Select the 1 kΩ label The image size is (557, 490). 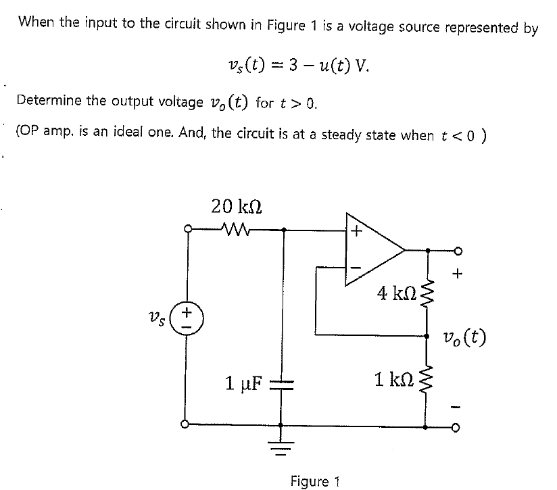(x=394, y=378)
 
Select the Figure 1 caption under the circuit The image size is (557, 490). (x=314, y=481)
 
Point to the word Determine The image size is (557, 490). (x=48, y=101)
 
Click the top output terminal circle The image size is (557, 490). (x=459, y=251)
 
